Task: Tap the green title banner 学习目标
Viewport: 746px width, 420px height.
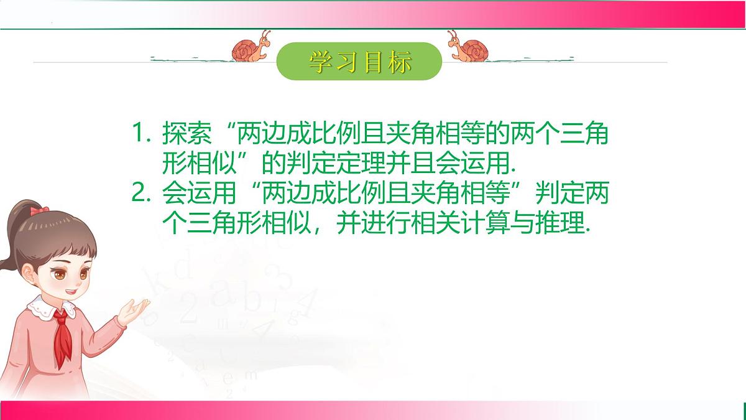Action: point(359,61)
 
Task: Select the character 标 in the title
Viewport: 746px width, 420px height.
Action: point(398,61)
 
